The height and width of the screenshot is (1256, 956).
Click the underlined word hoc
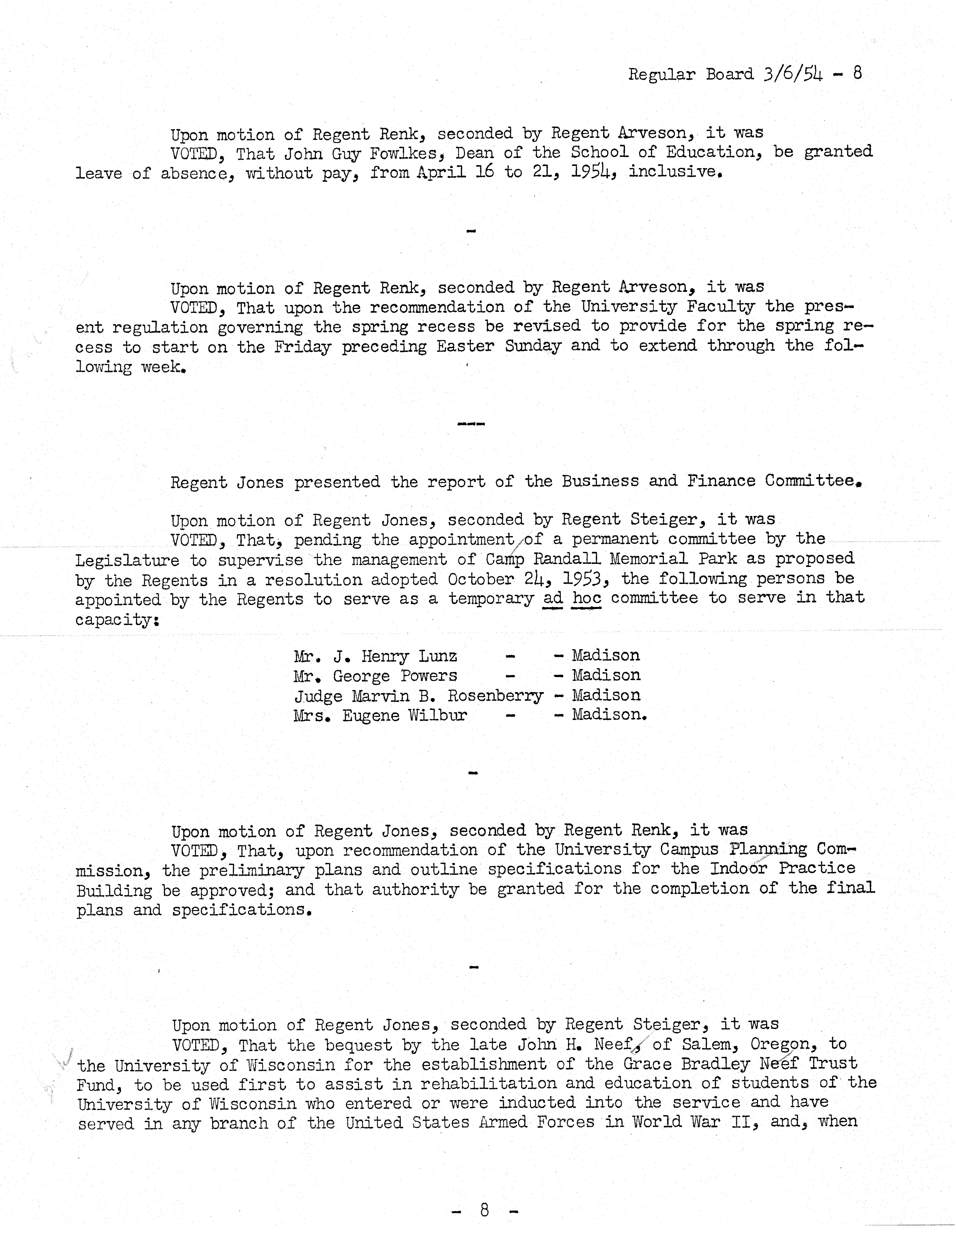click(587, 598)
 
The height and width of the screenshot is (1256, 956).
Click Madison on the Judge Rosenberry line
click(606, 695)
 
